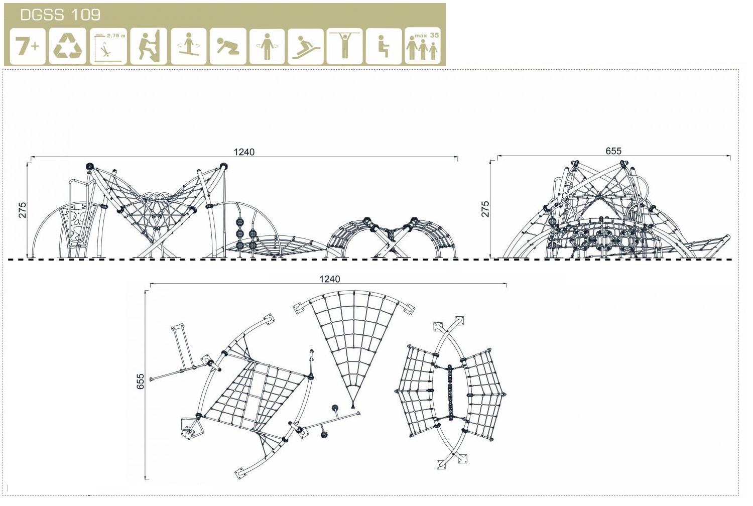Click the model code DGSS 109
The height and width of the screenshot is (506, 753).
60,15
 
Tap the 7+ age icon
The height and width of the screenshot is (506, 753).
28,46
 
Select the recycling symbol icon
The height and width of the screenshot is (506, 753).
67,46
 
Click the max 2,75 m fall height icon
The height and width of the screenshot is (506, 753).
108,46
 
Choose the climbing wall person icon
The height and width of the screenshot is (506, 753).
149,46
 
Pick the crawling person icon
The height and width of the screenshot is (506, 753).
227,46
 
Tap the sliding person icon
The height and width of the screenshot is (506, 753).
306,46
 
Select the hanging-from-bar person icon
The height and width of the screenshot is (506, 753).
344,46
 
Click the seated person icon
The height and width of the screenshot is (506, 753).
384,46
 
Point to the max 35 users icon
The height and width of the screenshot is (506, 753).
423,46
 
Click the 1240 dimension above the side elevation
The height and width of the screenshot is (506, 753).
244,152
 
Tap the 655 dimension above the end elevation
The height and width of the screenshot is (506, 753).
613,151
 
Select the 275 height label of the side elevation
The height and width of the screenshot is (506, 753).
23,210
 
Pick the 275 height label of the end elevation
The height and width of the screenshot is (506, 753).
485,209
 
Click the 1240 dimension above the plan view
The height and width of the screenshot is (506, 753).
329,279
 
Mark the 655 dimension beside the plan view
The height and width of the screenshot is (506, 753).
140,382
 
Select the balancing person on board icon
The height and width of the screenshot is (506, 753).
188,46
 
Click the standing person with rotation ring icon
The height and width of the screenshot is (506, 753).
267,46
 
